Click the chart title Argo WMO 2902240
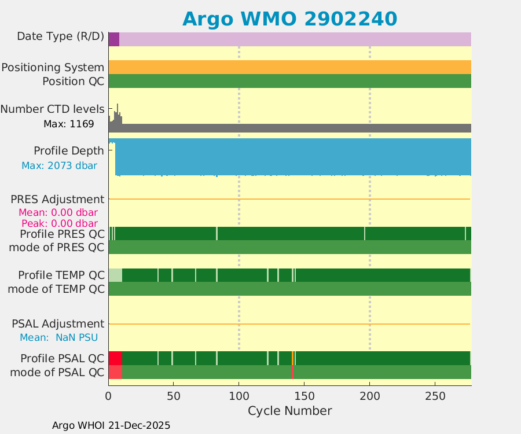[x=289, y=19]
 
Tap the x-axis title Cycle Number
[x=289, y=411]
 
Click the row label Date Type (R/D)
[x=61, y=36]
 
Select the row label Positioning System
[x=53, y=68]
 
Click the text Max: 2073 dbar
[x=59, y=165]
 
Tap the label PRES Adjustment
[x=57, y=200]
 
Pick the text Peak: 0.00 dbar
[x=59, y=223]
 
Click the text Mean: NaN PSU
[x=58, y=337]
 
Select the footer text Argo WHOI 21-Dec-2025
[x=111, y=425]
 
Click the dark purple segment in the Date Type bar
[x=113, y=39]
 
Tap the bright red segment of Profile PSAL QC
[x=115, y=358]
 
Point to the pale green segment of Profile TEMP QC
[x=115, y=275]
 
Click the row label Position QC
[x=73, y=81]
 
